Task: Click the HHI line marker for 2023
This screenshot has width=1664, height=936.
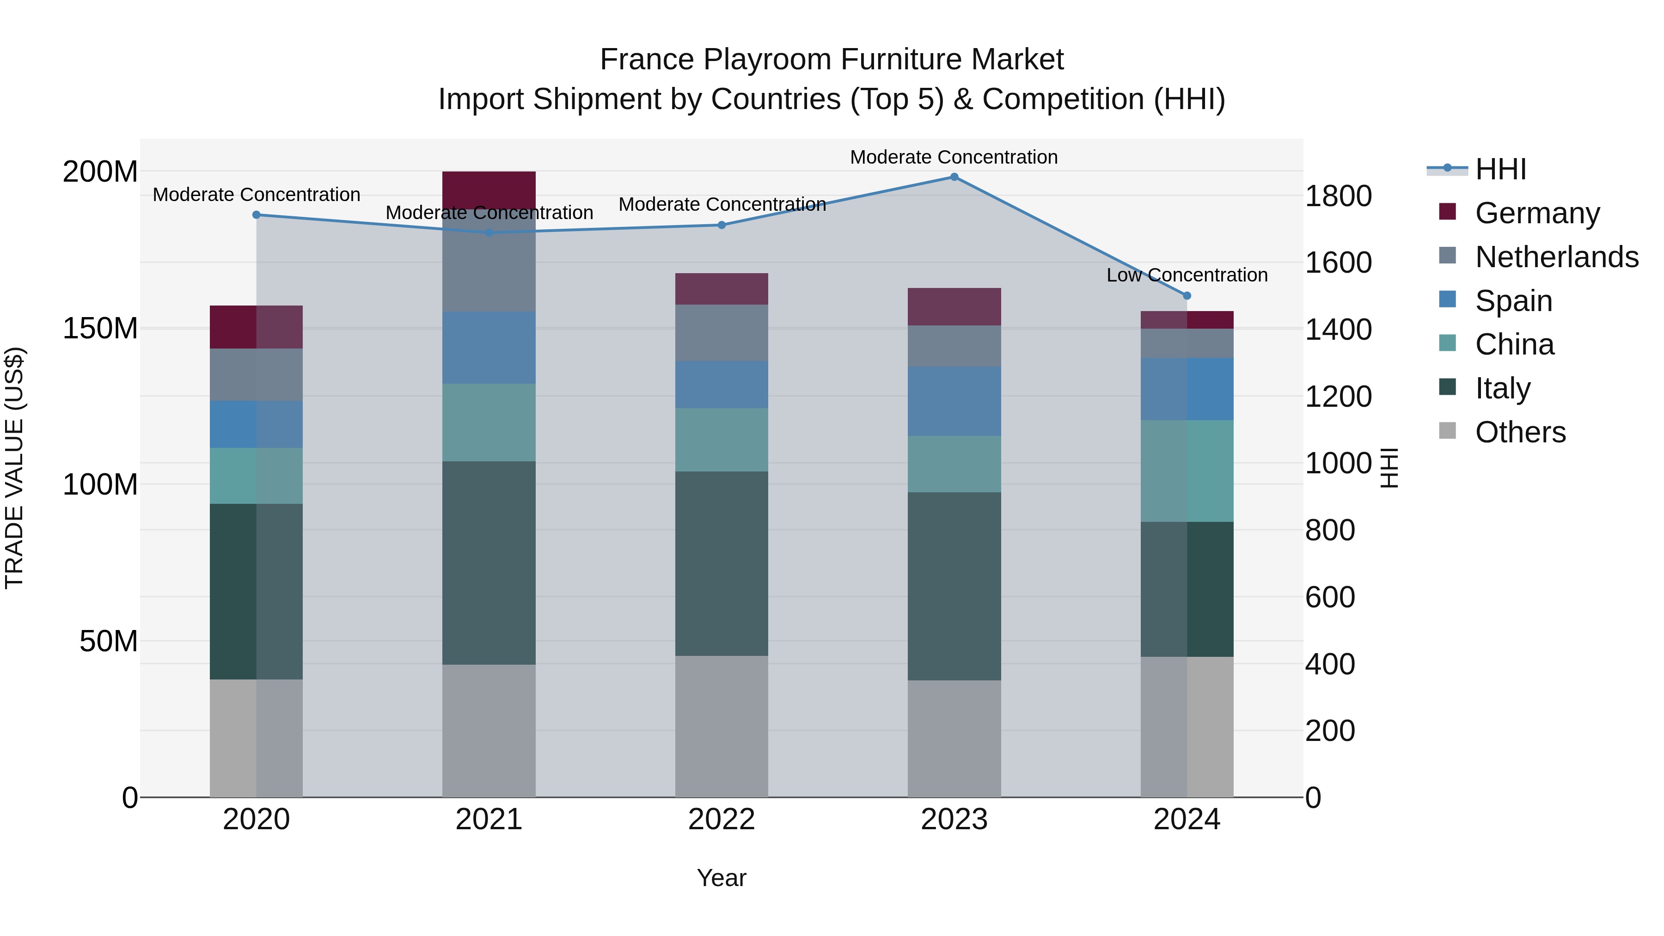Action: click(954, 177)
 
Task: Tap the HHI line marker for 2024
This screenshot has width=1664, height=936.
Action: click(1187, 296)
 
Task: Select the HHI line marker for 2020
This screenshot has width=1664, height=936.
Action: click(257, 215)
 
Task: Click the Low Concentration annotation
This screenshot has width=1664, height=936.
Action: click(1187, 275)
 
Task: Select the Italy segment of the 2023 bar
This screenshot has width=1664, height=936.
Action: click(954, 586)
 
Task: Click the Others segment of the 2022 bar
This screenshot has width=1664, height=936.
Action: click(722, 726)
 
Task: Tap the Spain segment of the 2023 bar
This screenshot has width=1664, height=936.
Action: click(954, 401)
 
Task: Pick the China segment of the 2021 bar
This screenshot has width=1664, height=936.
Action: click(489, 422)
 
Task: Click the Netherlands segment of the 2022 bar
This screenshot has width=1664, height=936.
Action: click(722, 333)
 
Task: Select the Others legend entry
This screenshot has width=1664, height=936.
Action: click(1520, 432)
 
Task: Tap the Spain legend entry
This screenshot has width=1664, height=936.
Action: click(1513, 301)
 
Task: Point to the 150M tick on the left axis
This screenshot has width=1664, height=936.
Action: click(100, 329)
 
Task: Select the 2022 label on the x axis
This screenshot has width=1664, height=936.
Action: click(722, 820)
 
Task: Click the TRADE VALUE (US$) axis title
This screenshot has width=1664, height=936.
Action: click(15, 468)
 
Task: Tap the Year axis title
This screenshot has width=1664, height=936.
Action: click(722, 878)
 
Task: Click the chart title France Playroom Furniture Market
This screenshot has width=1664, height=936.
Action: click(832, 60)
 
